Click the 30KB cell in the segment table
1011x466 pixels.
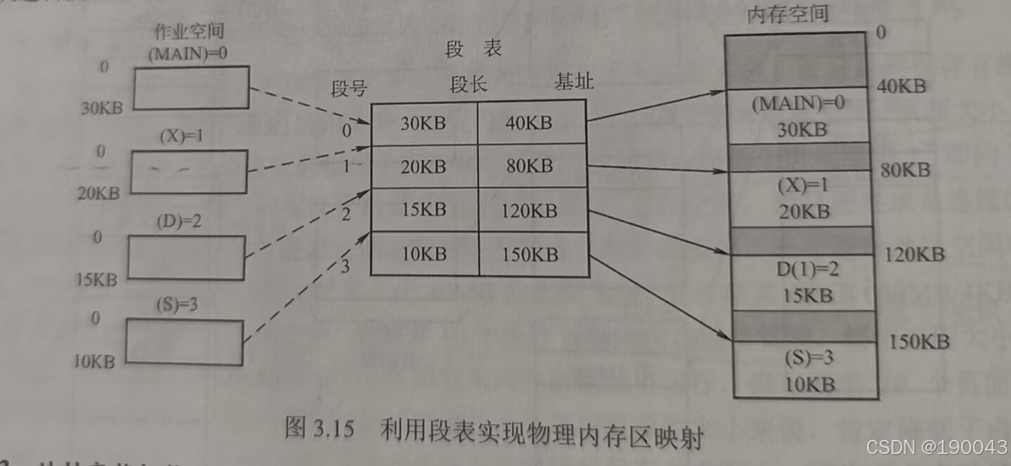point(424,123)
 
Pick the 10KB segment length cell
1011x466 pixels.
point(424,254)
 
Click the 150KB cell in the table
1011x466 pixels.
point(530,254)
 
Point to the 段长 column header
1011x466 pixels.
point(469,85)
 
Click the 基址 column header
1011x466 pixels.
point(574,82)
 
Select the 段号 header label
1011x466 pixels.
point(349,89)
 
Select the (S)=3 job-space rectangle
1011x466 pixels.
point(185,342)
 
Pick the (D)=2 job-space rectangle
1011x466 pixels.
point(186,257)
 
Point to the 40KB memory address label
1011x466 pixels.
point(901,86)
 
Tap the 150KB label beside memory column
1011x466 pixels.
point(919,342)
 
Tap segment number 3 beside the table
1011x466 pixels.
point(344,266)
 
